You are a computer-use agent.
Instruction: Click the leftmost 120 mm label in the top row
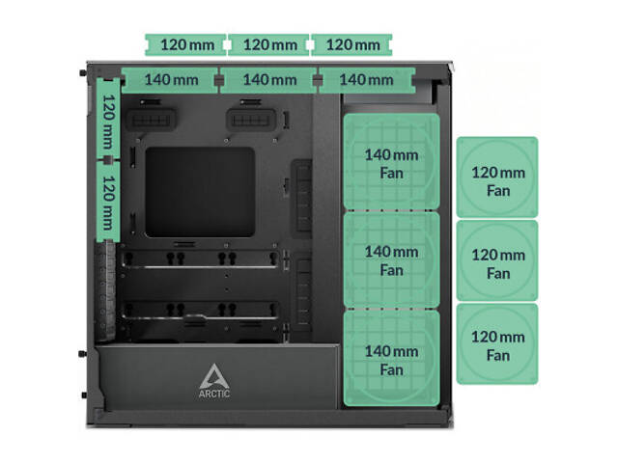coord(187,44)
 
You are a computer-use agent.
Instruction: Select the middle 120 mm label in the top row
coord(269,44)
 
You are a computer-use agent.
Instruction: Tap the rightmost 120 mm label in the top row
coord(352,44)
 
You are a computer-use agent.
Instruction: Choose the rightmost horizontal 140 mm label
coord(368,79)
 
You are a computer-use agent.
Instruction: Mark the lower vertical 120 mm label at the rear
coord(109,202)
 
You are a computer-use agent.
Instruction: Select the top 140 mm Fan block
coord(391,162)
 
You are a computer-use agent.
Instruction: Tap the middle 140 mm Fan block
coord(391,261)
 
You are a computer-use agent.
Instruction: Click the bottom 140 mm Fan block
coord(391,360)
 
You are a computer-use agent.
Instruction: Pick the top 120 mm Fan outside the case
coord(497,178)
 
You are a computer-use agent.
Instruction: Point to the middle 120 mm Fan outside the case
coord(497,262)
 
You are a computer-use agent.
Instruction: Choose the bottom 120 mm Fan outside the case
coord(497,344)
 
